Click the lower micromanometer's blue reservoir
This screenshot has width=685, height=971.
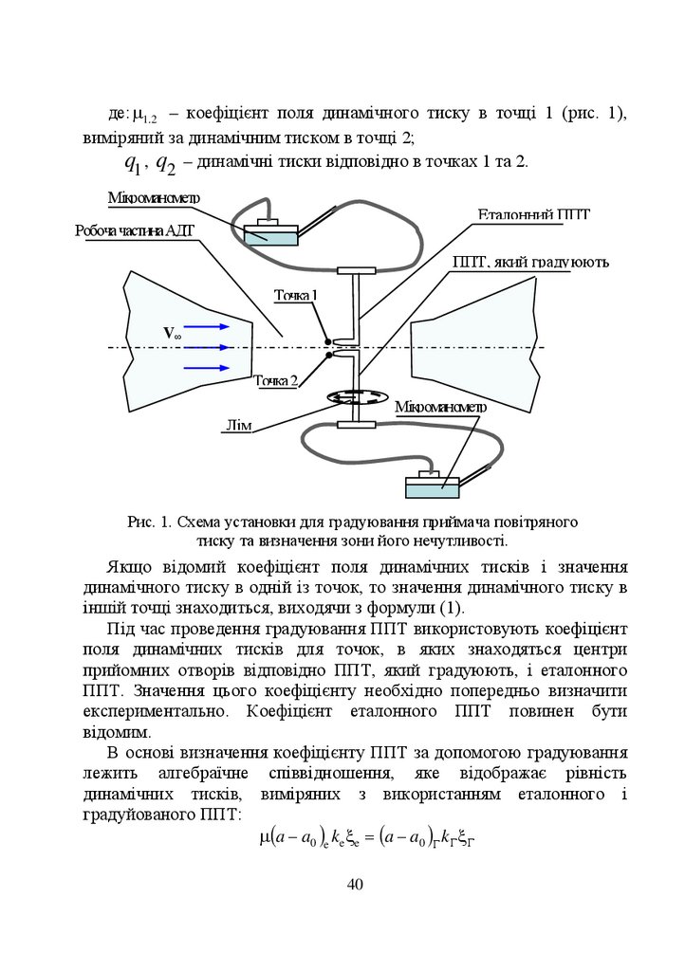click(433, 487)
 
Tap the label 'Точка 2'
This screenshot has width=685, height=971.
click(276, 380)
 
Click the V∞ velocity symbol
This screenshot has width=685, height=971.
click(172, 334)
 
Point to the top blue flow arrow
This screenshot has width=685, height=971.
click(209, 326)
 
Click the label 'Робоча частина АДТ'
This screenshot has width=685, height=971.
click(135, 230)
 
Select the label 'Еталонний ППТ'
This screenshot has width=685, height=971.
click(532, 215)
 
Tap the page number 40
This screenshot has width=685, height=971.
click(355, 884)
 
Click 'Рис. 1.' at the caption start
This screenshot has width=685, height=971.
click(148, 522)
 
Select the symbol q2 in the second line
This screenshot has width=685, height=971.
click(165, 163)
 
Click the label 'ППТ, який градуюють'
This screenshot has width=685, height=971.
click(530, 261)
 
